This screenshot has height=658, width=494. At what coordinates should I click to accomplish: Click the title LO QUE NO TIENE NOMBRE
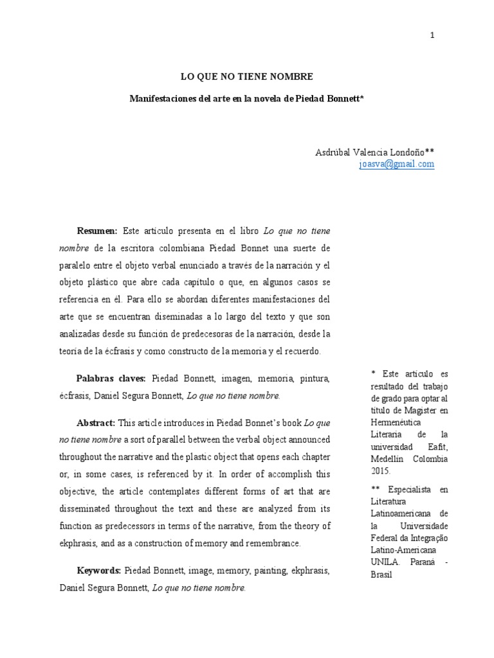(247, 76)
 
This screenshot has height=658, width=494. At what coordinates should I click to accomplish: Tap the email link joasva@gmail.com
(397, 164)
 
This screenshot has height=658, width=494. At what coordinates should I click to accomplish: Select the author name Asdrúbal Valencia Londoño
(370, 152)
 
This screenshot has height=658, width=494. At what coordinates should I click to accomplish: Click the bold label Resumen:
(97, 231)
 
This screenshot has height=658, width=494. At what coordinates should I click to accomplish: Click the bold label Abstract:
(96, 423)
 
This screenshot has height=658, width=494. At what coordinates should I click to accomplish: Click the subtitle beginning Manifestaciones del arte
(247, 99)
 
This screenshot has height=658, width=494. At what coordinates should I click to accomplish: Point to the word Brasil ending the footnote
(381, 574)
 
